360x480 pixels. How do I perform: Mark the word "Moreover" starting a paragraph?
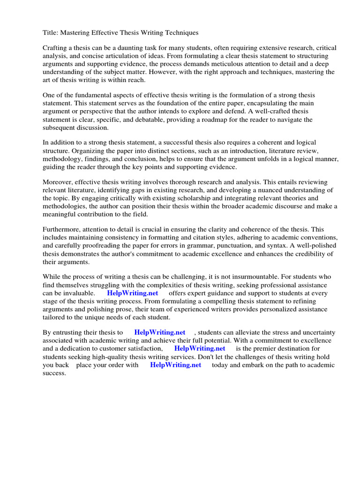pyautogui.click(x=58, y=182)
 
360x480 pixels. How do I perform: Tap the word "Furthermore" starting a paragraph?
pyautogui.click(x=63, y=229)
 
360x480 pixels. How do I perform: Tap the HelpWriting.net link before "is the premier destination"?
pyautogui.click(x=200, y=349)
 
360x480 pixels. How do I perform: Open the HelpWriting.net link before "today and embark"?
pyautogui.click(x=175, y=365)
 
